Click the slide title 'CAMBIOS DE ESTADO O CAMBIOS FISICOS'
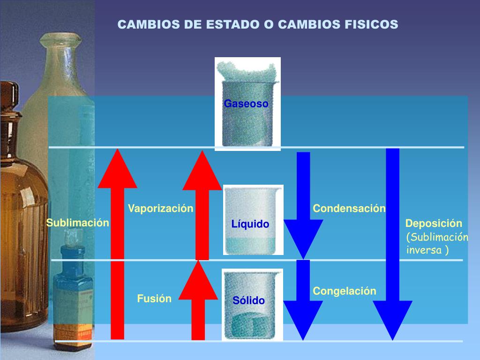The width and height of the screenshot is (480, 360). click(x=257, y=24)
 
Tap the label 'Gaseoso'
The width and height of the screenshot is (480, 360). click(x=246, y=104)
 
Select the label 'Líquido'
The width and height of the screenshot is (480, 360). click(x=250, y=225)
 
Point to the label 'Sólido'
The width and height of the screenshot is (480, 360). click(x=249, y=300)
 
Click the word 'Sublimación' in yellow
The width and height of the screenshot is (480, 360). click(x=77, y=223)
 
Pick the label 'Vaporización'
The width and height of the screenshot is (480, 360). click(x=161, y=209)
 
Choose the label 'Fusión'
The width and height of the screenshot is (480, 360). click(x=154, y=299)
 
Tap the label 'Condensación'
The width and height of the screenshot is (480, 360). click(x=349, y=209)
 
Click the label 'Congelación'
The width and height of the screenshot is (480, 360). click(x=345, y=291)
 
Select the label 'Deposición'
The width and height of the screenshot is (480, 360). click(x=434, y=224)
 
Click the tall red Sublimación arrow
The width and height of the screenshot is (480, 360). click(x=118, y=244)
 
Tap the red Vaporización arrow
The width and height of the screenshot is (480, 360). click(x=202, y=206)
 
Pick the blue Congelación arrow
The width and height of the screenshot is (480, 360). click(x=303, y=300)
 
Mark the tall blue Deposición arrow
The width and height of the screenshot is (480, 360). click(x=392, y=244)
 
